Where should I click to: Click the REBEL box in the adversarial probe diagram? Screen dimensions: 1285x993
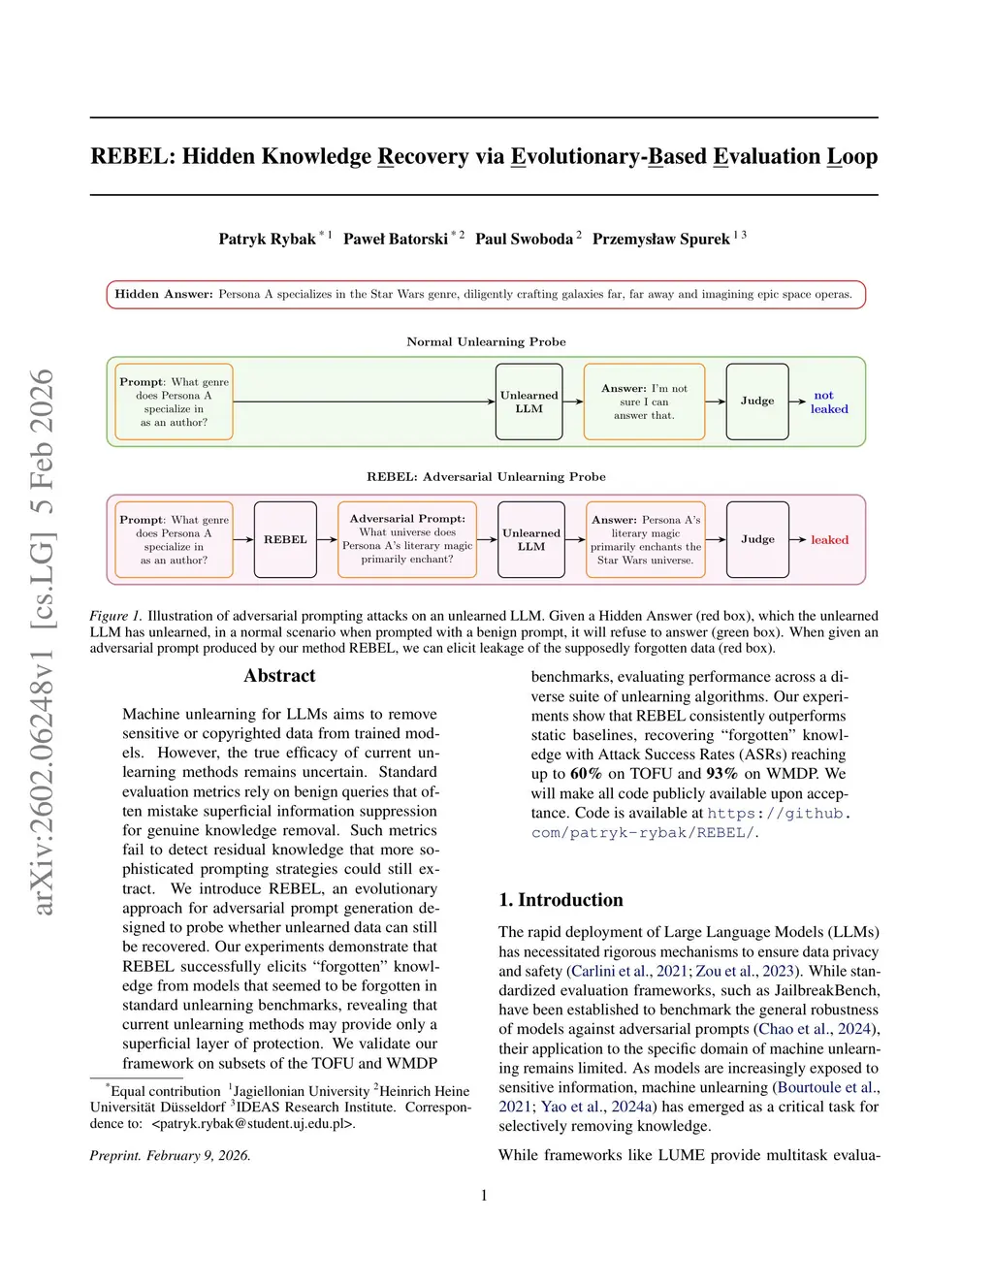point(285,539)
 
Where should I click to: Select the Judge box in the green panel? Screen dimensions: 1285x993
point(757,401)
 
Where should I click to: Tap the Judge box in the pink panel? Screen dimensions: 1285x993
point(757,539)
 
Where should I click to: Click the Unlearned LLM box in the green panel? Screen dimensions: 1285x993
point(529,402)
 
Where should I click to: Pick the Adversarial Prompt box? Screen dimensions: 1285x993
point(407,539)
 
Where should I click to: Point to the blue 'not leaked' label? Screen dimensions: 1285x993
point(828,402)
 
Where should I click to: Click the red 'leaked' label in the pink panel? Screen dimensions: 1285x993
point(829,540)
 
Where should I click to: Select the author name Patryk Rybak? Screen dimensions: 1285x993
point(267,239)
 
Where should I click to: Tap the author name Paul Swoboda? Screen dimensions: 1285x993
point(524,239)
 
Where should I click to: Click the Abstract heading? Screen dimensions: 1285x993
point(279,676)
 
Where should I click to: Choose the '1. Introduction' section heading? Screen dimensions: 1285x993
point(561,900)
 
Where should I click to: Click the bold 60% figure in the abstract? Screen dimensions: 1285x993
point(586,774)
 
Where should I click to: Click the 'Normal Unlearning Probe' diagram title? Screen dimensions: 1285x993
point(486,341)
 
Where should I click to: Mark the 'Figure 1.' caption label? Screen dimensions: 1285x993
point(115,616)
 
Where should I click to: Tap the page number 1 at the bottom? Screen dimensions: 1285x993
point(484,1196)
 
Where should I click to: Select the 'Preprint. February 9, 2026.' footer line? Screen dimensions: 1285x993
point(170,1155)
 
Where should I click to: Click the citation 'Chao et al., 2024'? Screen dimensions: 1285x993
point(816,1029)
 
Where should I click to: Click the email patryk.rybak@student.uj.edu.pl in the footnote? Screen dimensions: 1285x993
point(253,1123)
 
